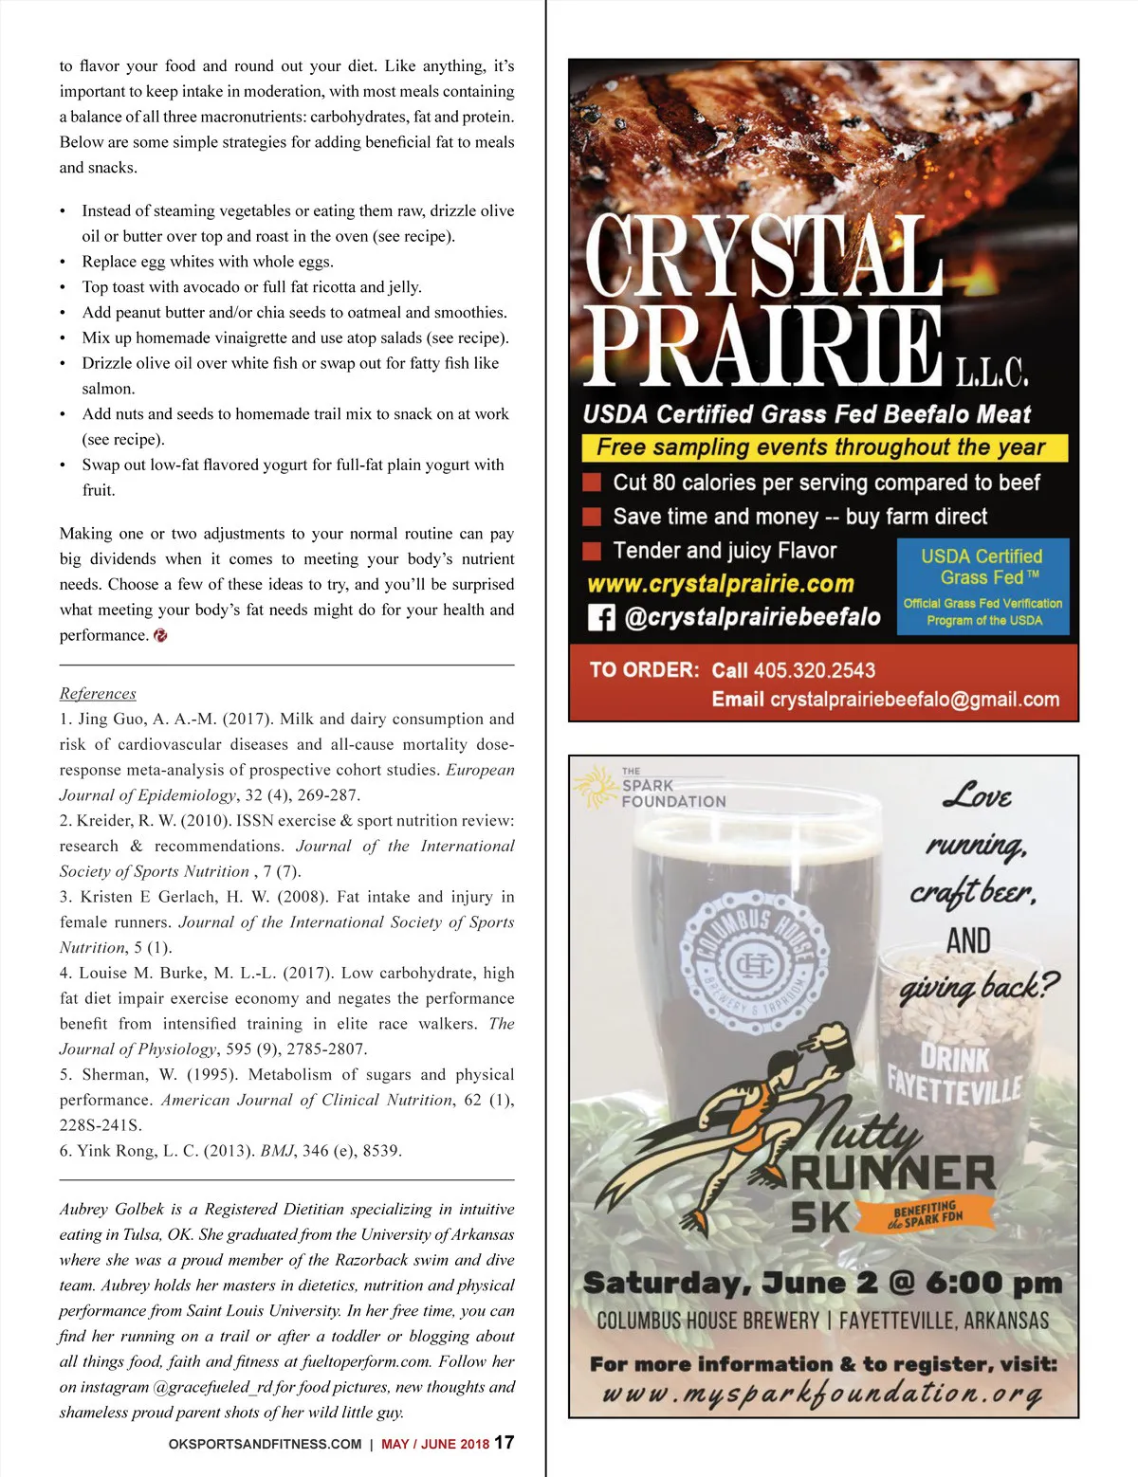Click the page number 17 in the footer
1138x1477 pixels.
point(505,1442)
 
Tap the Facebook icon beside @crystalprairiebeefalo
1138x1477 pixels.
point(601,618)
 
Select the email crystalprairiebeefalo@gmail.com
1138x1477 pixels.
point(914,700)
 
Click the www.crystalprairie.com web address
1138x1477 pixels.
point(721,584)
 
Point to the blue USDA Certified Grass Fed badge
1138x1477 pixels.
point(982,586)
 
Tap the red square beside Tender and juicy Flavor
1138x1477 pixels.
point(592,551)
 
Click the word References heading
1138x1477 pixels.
point(98,693)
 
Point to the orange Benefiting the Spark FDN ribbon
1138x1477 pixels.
point(928,1215)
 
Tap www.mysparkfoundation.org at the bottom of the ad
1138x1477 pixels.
point(822,1395)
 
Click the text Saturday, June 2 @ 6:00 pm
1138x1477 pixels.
point(822,1283)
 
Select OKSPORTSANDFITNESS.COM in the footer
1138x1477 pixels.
point(265,1444)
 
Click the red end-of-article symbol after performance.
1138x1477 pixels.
point(160,635)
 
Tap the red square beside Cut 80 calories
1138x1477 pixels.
point(592,483)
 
